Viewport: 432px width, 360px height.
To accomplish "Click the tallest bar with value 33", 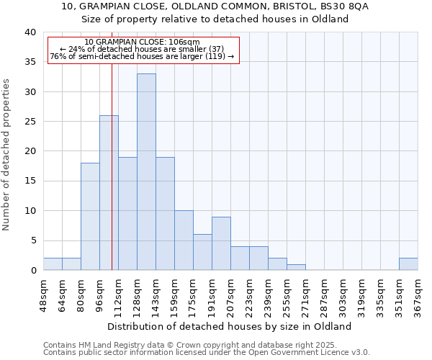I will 146,172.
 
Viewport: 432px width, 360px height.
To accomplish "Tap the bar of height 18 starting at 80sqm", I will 90,216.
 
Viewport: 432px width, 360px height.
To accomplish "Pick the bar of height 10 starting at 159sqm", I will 184,240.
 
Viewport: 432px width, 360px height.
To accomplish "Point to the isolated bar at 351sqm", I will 408,264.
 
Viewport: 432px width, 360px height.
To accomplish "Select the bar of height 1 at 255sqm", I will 296,267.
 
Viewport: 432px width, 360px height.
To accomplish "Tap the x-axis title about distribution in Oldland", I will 234,326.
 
